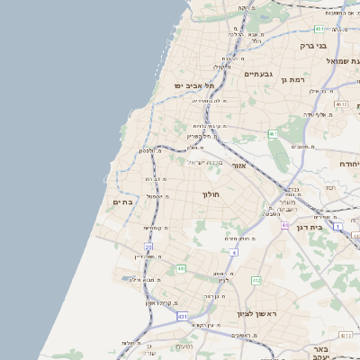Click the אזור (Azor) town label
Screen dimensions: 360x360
coord(239,166)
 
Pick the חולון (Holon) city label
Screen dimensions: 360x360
coord(211,193)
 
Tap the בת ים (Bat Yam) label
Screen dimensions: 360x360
coord(122,202)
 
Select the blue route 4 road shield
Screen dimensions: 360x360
coord(234,253)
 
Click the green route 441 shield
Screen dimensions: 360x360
coord(181,268)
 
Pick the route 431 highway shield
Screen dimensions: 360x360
coord(183,317)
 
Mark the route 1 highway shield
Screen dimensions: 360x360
coord(337,226)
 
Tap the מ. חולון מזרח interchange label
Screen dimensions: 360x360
coord(238,238)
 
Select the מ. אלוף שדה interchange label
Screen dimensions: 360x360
coord(313,114)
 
